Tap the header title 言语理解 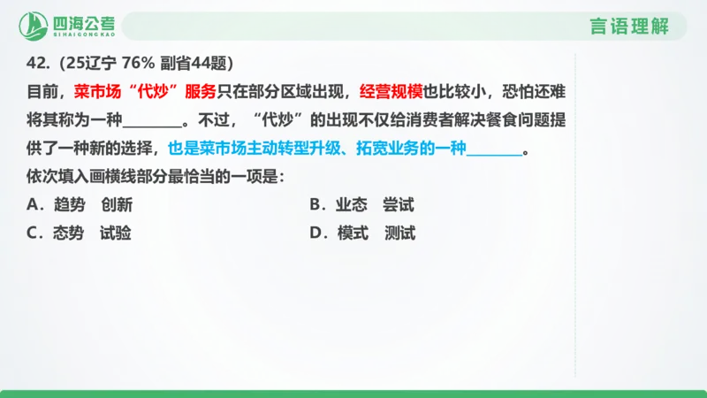628,26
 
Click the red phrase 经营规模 388,90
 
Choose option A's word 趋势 68,205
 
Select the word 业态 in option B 350,205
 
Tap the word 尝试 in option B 399,205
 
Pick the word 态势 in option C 68,234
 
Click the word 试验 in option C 117,234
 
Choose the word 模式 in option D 352,234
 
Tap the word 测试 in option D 400,234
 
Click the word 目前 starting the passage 41,90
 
